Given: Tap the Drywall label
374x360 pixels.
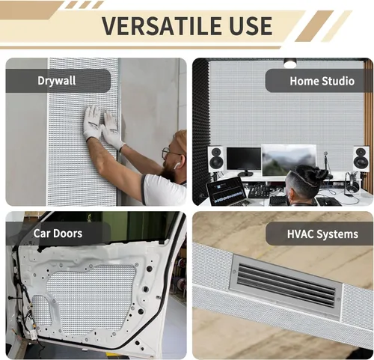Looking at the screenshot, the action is (57, 81).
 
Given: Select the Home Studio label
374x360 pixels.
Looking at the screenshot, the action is (322, 81).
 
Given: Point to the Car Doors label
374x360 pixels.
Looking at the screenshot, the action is (58, 234).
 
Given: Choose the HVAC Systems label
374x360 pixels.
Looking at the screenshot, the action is (322, 234).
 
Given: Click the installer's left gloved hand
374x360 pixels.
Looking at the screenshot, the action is (91, 122).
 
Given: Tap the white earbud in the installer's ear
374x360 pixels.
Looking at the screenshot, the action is (177, 165).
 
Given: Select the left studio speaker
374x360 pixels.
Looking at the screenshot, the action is (215, 159).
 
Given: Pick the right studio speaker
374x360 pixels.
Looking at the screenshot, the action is (361, 159).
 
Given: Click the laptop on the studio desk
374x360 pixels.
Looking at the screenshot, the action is (227, 192).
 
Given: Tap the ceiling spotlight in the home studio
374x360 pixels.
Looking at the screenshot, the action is (289, 63).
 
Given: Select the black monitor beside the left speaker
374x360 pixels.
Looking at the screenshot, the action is (244, 159).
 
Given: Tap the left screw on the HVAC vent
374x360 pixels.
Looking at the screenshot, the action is (234, 272).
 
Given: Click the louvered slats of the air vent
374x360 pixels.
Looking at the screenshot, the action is (286, 284).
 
